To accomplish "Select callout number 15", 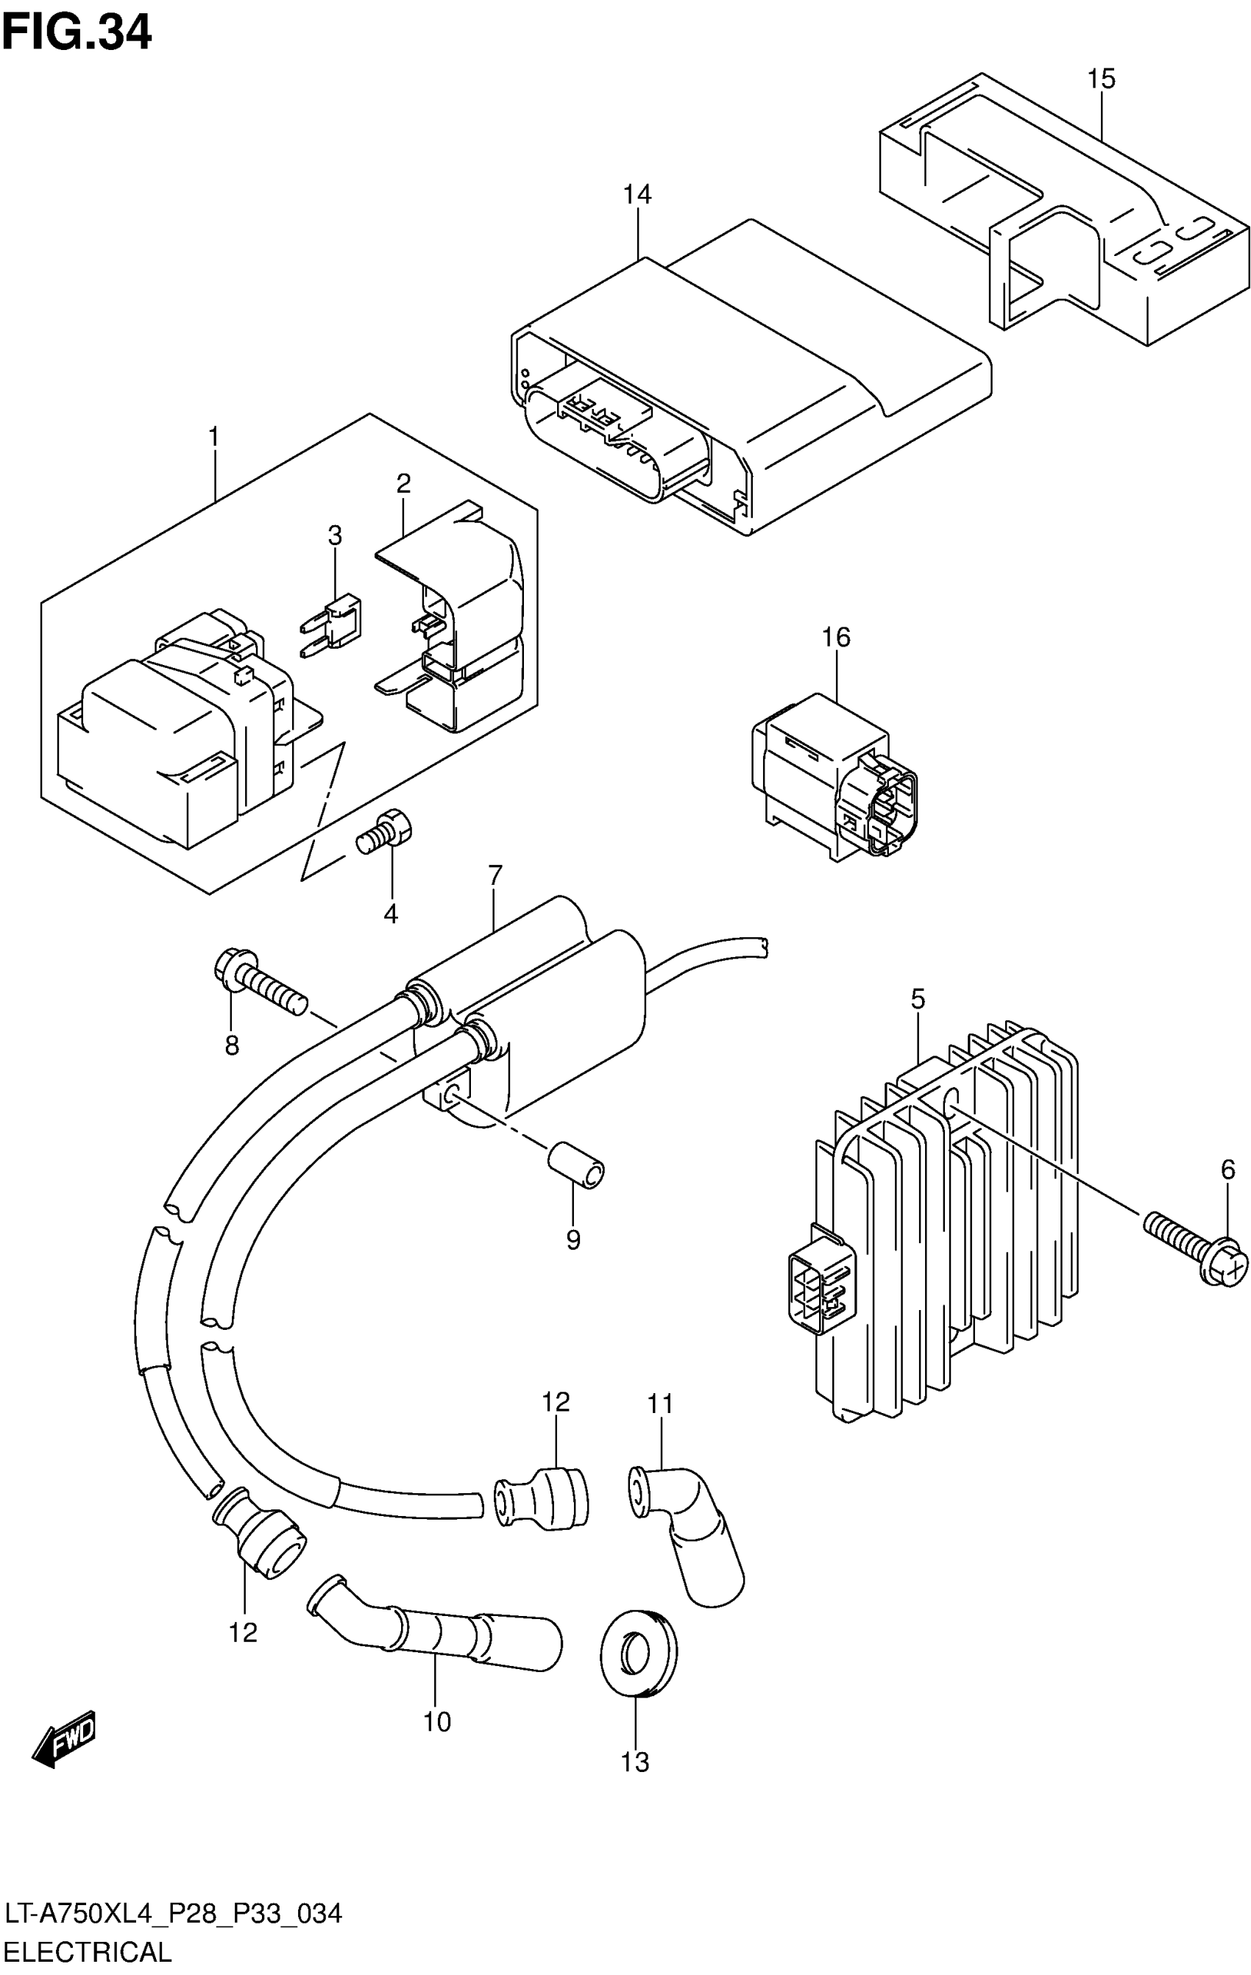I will click(1101, 79).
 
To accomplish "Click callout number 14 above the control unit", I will click(637, 195).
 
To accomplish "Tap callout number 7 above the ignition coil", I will click(495, 877).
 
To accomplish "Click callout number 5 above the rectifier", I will click(917, 999).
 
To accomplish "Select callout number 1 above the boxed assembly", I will click(214, 437).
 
